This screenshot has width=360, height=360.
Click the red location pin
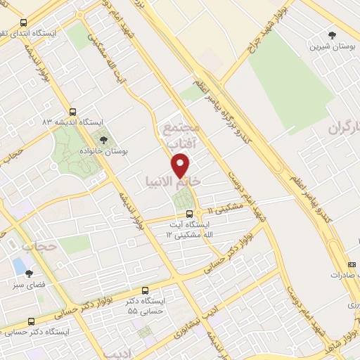181,165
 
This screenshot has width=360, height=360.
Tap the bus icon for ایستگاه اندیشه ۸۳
73,112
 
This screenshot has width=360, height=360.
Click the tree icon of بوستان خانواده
103,141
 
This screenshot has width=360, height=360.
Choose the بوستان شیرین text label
332,46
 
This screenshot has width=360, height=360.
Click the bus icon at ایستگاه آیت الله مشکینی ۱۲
188,214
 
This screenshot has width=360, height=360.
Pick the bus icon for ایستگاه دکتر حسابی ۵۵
146,290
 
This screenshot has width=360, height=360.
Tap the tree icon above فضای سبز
29,274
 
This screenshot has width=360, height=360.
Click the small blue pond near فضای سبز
17,265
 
